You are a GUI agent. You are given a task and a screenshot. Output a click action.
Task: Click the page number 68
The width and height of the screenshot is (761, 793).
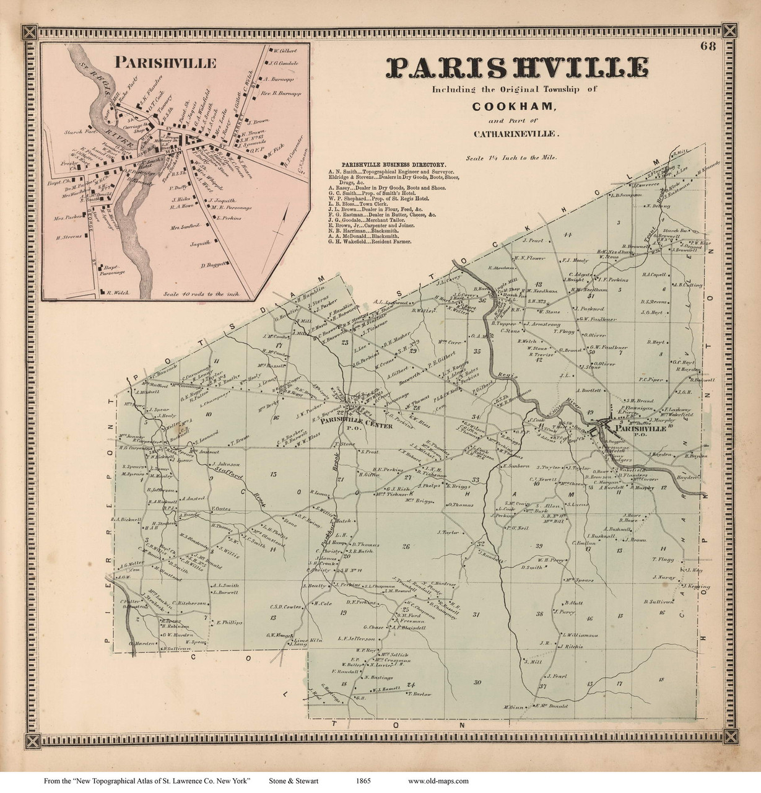[710, 45]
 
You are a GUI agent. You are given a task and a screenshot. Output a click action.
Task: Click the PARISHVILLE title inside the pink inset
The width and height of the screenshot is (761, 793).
[165, 63]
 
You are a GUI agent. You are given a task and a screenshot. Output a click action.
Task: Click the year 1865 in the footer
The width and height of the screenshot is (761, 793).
[363, 781]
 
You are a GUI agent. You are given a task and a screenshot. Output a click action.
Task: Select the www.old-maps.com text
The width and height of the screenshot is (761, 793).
[438, 781]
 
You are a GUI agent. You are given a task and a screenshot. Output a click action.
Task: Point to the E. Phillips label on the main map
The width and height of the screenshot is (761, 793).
[227, 622]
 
